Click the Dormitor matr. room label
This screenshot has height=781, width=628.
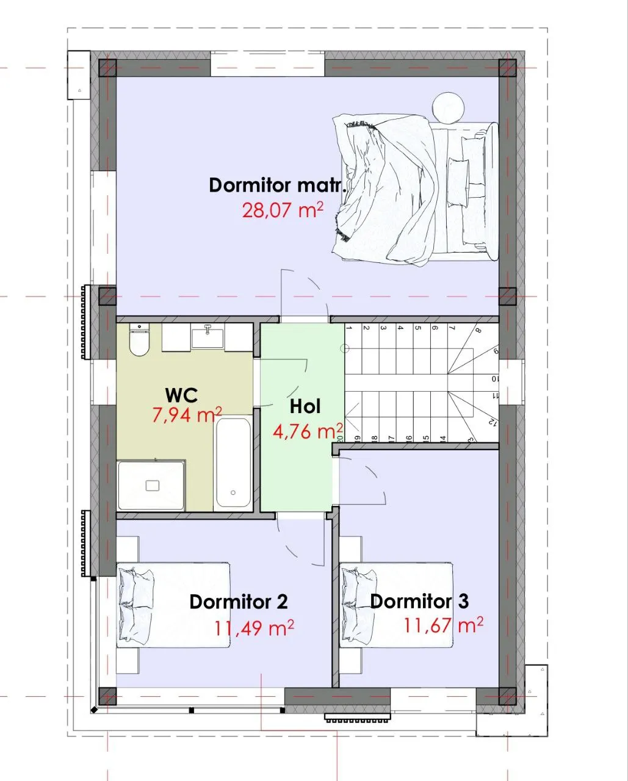click(x=277, y=185)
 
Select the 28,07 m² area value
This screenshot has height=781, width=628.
click(x=283, y=210)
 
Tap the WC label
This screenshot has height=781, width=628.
click(x=181, y=395)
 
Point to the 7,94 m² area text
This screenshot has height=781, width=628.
click(x=187, y=415)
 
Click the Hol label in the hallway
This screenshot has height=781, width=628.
click(x=305, y=406)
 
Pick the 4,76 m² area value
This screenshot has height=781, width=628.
click(x=308, y=431)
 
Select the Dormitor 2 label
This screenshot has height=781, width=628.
click(x=239, y=602)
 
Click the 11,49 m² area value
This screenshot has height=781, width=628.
click(x=254, y=628)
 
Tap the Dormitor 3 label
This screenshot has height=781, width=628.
click(x=419, y=602)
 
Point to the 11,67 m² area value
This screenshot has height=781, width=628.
click(x=443, y=625)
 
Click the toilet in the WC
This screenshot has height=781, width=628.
click(x=139, y=340)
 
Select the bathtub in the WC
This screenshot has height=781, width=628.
click(x=233, y=463)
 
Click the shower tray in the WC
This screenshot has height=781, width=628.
click(x=151, y=486)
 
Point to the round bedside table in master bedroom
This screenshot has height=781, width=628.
click(x=449, y=108)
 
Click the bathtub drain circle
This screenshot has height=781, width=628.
click(x=233, y=492)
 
